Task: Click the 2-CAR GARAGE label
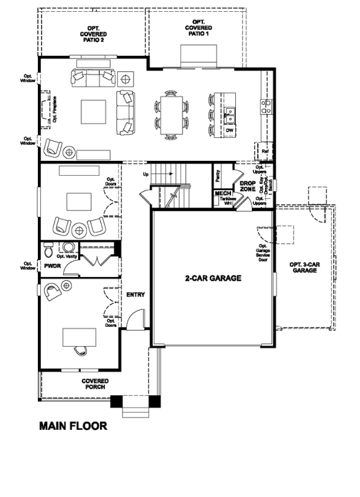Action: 212,278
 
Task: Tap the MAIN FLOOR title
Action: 73,426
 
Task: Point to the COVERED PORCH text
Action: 96,384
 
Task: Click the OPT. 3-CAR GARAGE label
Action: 305,268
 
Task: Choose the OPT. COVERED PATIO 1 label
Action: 198,29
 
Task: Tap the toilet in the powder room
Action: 51,250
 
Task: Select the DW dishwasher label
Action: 229,131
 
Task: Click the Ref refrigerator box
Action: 264,151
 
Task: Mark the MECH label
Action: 223,194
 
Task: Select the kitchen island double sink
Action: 230,114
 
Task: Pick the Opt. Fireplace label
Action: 55,109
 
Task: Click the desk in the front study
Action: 79,336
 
